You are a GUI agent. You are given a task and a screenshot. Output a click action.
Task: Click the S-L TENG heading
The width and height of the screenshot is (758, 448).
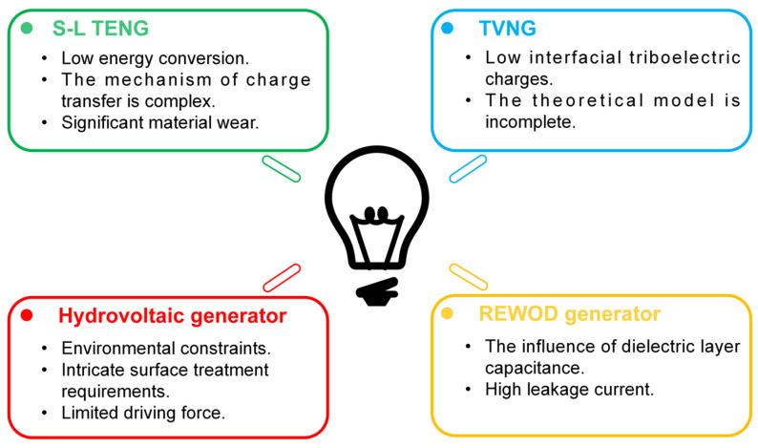(100, 27)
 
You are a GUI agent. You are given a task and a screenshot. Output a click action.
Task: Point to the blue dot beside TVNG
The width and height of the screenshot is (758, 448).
(448, 26)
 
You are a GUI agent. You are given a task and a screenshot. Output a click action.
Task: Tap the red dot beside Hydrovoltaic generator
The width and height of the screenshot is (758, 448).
(28, 315)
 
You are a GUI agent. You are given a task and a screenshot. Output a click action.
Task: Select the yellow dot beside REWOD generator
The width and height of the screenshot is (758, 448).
(448, 313)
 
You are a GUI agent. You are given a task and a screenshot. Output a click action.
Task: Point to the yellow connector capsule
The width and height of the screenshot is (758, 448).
(468, 276)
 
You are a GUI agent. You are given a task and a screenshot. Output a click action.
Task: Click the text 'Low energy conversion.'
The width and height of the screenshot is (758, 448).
(139, 56)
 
